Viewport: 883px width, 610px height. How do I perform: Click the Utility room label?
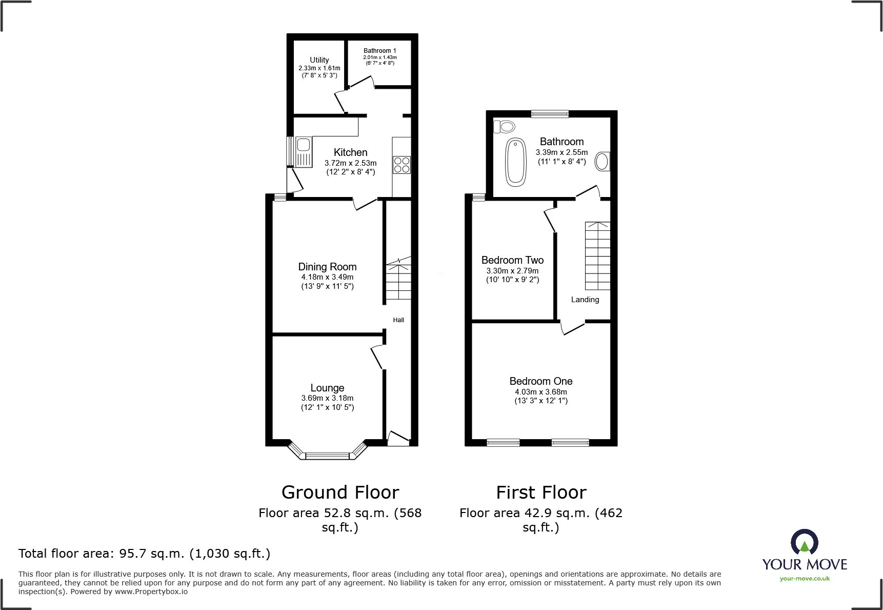tap(319, 60)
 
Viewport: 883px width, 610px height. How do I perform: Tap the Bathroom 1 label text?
tap(380, 51)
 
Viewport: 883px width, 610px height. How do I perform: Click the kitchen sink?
tap(304, 151)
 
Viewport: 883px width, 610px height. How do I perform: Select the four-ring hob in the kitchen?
tap(402, 165)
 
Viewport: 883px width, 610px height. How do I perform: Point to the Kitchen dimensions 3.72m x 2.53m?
tap(351, 163)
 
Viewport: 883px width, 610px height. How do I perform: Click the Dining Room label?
tap(327, 267)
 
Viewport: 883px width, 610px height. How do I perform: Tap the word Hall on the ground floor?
tap(398, 320)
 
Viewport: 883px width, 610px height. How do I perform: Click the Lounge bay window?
tap(328, 451)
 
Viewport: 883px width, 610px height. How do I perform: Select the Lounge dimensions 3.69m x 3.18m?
tap(327, 398)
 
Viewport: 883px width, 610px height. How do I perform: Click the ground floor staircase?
tap(398, 278)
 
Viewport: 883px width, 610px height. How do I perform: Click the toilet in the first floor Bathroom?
tap(505, 126)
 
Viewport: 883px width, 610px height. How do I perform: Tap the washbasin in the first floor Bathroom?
tap(603, 162)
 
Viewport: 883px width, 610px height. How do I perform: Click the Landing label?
tap(585, 300)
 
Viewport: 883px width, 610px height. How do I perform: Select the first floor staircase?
tap(598, 256)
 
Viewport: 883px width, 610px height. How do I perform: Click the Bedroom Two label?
tap(512, 260)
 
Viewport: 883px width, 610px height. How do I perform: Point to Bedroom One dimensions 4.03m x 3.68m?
tap(541, 392)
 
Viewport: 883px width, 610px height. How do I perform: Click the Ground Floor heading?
tap(340, 493)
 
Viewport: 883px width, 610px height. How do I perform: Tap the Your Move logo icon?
tap(805, 542)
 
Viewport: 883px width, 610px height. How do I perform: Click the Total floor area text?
tap(144, 554)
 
